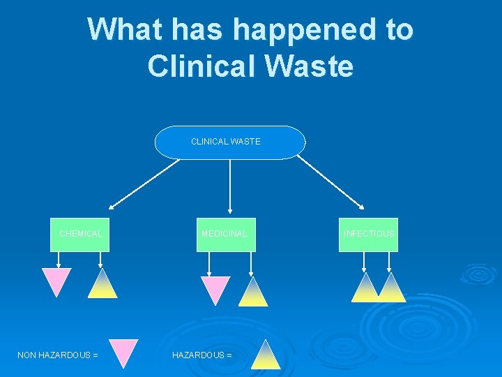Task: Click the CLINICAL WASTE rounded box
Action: click(229, 142)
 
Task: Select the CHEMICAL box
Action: click(80, 235)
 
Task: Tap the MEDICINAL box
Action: click(225, 235)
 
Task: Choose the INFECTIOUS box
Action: click(368, 235)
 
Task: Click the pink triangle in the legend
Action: click(124, 350)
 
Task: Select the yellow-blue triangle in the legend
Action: click(266, 357)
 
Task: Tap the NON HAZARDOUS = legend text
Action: click(57, 355)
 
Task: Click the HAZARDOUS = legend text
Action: click(202, 355)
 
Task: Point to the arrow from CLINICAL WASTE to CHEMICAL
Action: click(144, 184)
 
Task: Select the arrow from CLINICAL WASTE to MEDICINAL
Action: click(230, 185)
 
